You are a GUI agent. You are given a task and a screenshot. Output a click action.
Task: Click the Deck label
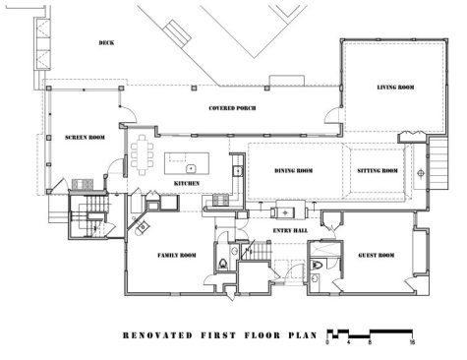(106, 43)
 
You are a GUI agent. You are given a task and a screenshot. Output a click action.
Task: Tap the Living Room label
(395, 88)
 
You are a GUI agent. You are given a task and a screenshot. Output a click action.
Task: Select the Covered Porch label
(232, 108)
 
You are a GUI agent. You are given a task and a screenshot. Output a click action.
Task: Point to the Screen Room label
(85, 138)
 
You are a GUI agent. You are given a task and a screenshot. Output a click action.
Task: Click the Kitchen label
(187, 184)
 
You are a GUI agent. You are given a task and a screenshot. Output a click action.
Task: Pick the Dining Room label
(294, 171)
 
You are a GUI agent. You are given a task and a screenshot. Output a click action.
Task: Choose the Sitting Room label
(378, 171)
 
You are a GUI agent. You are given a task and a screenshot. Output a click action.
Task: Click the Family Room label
(177, 255)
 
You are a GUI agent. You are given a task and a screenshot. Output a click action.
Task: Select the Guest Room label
(377, 255)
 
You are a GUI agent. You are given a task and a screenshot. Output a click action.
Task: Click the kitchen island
(187, 163)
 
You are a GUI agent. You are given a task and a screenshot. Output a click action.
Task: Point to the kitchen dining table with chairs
(143, 154)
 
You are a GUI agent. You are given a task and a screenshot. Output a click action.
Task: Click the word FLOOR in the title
(263, 335)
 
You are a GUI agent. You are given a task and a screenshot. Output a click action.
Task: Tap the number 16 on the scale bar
(412, 342)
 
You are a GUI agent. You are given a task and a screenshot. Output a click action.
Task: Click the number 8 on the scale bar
(370, 342)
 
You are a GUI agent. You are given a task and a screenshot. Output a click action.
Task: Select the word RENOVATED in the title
(157, 335)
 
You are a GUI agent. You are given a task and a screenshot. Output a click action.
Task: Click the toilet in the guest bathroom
(317, 265)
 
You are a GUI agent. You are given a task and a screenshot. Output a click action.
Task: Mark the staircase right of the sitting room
(438, 164)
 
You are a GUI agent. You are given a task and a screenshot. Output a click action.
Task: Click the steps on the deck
(177, 30)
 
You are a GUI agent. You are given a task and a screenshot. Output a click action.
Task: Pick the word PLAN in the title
(303, 335)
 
